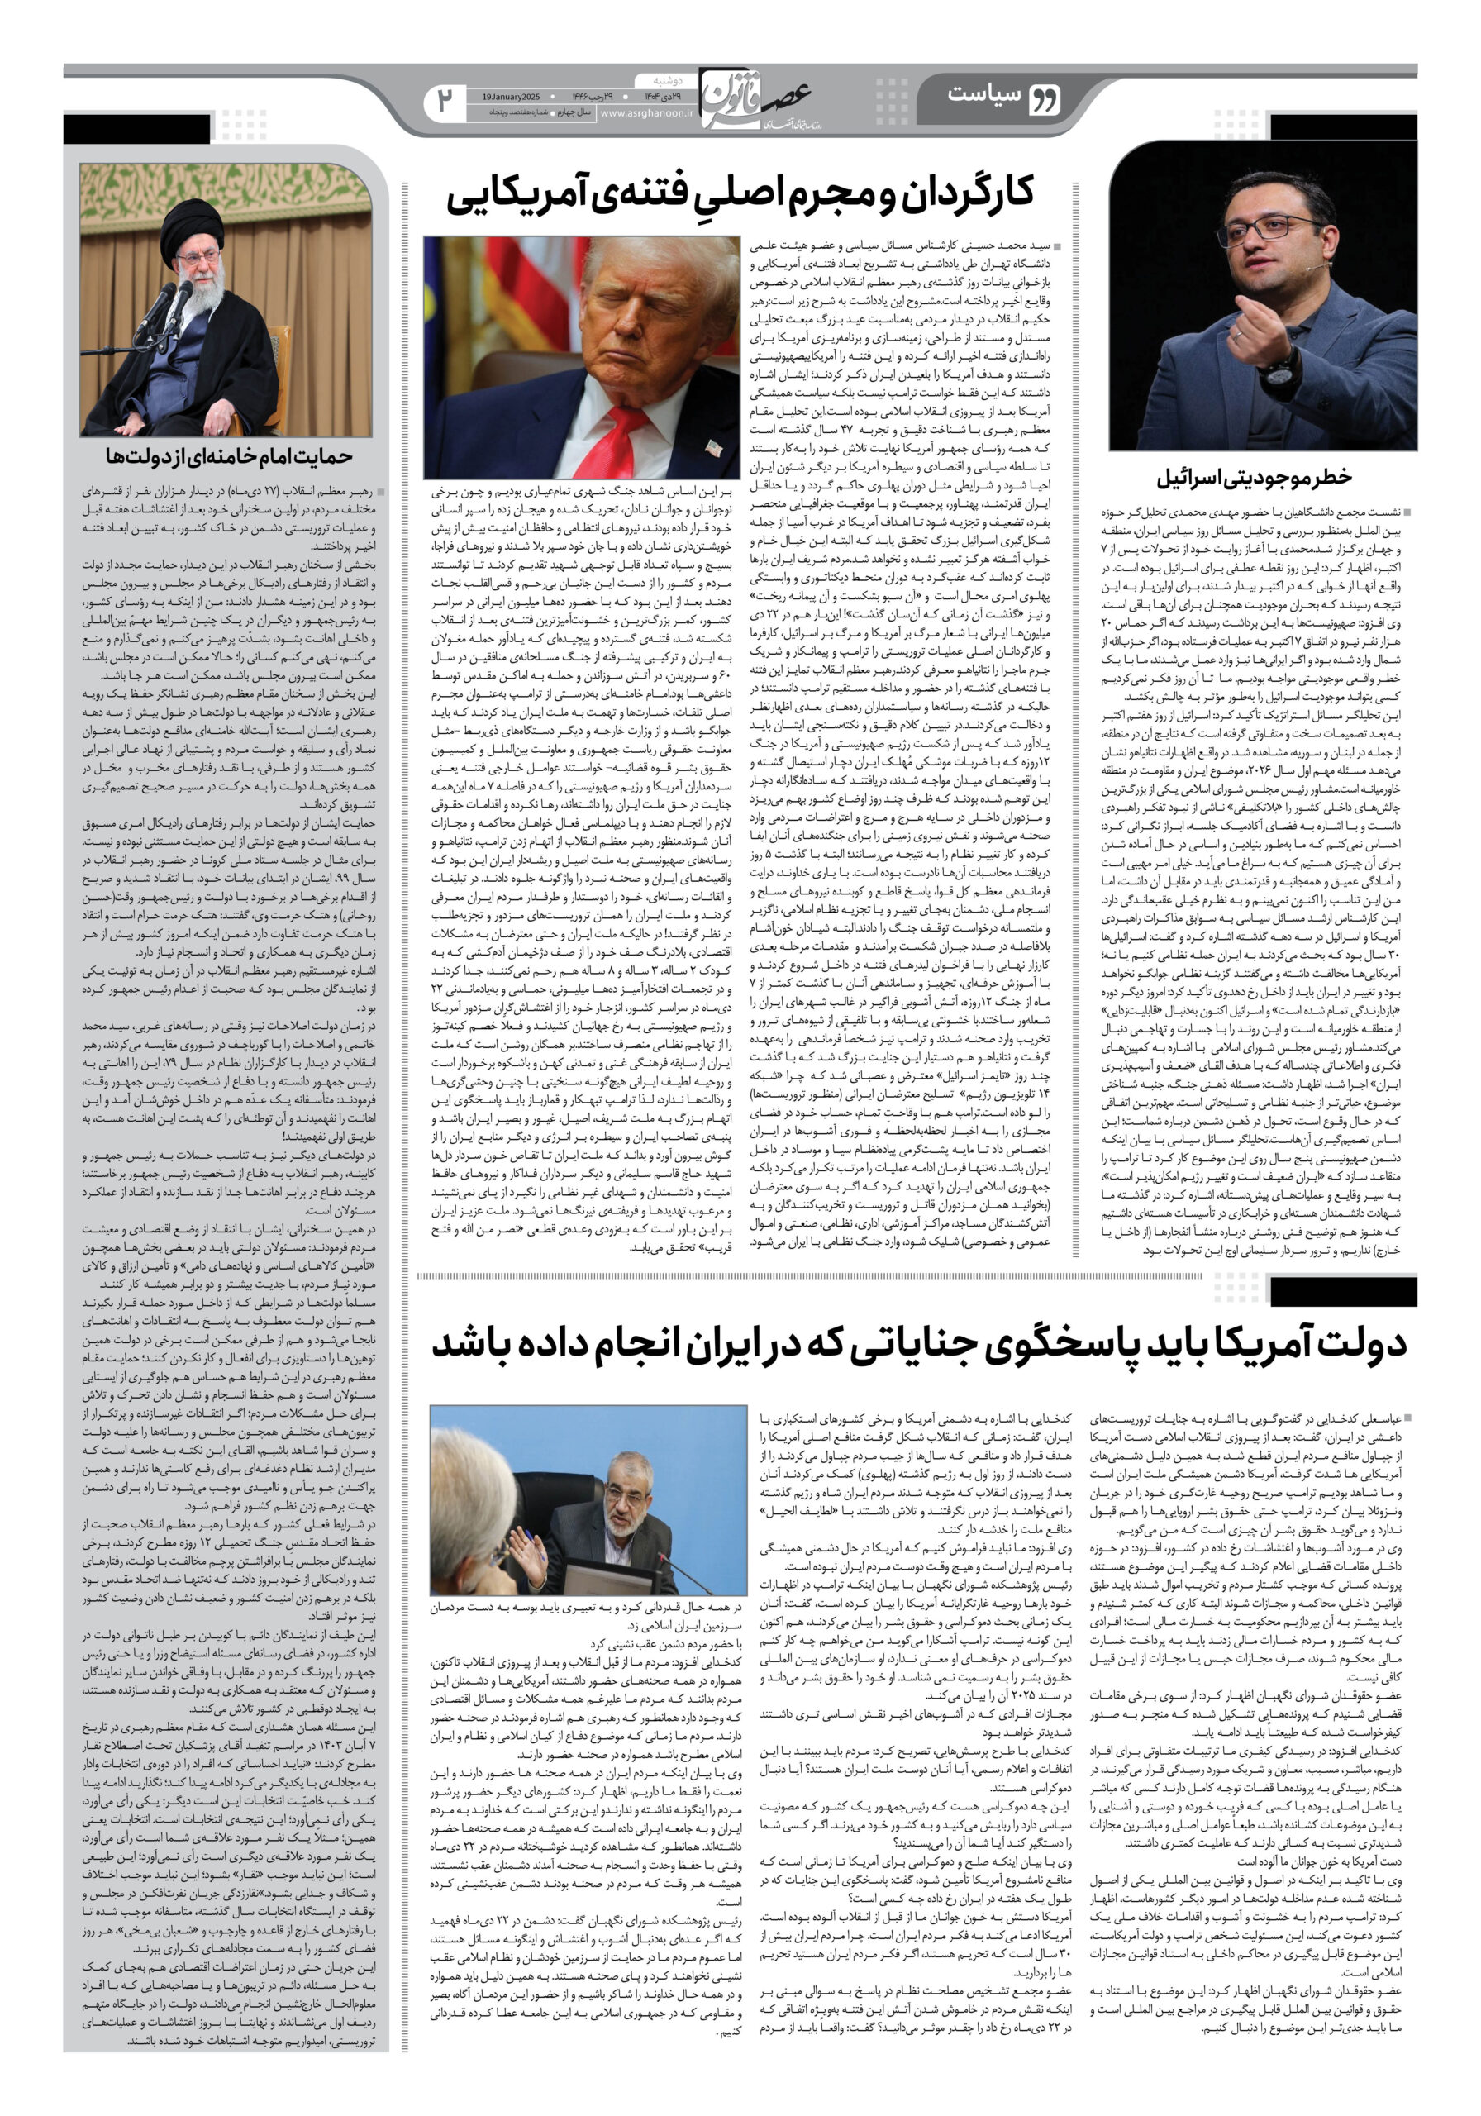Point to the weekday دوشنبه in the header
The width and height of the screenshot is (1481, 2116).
[655, 79]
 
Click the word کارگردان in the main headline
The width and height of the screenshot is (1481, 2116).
[962, 194]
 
